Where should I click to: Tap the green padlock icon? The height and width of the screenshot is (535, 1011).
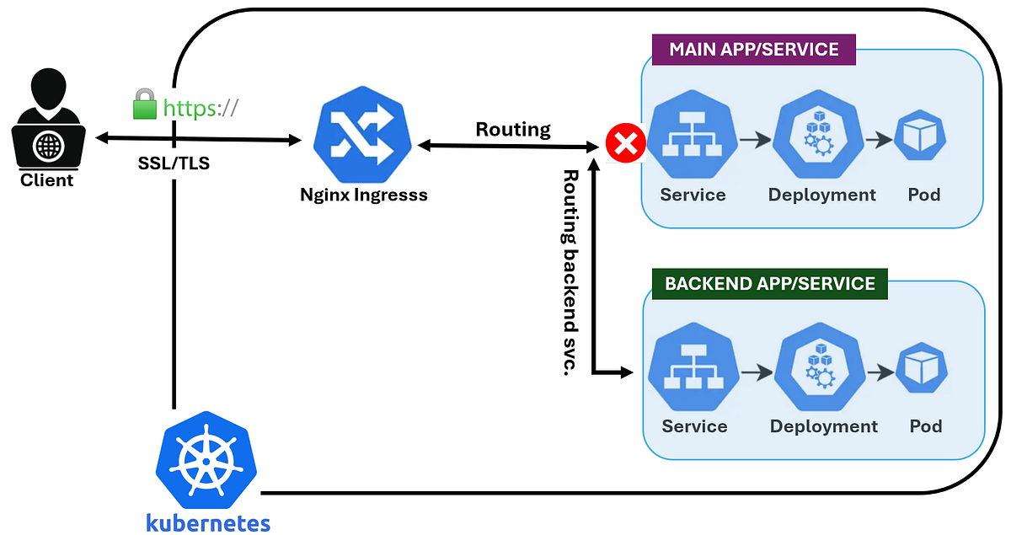[145, 105]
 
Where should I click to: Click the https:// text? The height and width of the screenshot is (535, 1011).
[201, 108]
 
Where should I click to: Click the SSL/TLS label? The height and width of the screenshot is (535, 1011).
[174, 164]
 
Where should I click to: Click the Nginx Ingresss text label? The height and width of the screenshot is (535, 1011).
[364, 195]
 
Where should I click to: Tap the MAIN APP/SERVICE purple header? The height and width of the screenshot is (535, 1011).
[754, 49]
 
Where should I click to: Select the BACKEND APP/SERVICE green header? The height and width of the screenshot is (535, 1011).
[770, 283]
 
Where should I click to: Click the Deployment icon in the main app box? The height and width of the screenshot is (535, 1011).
[821, 136]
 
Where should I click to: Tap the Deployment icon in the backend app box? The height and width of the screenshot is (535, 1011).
[821, 371]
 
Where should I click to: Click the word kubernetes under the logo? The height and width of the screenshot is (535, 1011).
[207, 522]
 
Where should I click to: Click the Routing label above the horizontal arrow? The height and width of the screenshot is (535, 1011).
[513, 130]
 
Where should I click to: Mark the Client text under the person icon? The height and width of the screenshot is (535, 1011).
[47, 179]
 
